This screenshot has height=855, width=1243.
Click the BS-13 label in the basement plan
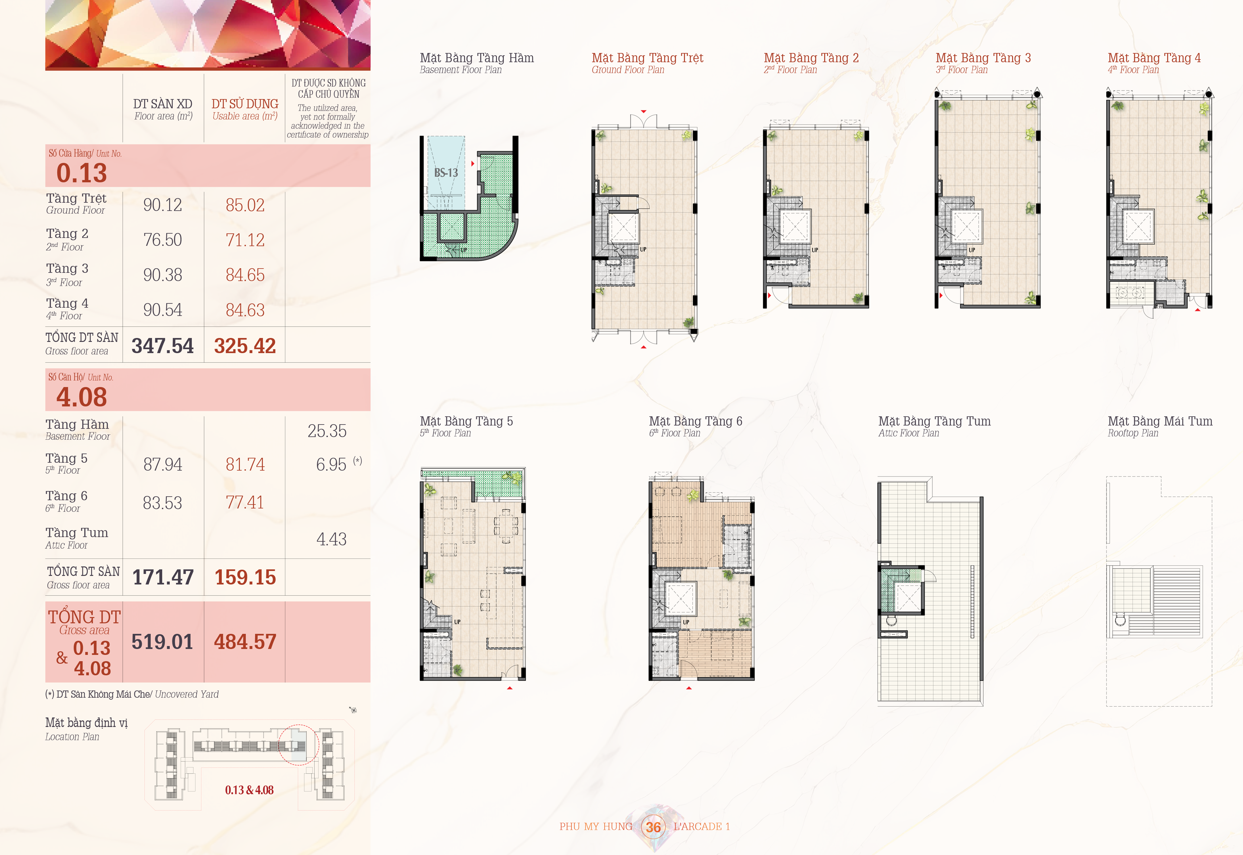click(x=446, y=173)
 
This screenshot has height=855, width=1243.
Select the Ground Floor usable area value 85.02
click(x=245, y=205)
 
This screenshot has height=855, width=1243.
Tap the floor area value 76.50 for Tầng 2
click(x=162, y=240)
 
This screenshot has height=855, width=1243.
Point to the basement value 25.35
click(x=327, y=431)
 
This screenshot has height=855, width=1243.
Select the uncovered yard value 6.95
click(x=331, y=465)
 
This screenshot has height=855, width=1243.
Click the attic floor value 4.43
click(x=331, y=539)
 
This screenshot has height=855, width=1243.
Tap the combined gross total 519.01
click(x=162, y=642)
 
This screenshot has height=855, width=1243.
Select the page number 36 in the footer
click(x=653, y=827)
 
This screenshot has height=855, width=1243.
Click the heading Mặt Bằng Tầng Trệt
click(x=647, y=58)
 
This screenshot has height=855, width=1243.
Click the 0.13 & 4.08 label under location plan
click(x=249, y=790)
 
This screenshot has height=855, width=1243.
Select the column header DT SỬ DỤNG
click(x=245, y=104)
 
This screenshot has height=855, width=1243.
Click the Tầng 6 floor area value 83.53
click(x=162, y=503)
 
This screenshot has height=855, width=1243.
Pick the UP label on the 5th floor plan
click(x=457, y=622)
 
